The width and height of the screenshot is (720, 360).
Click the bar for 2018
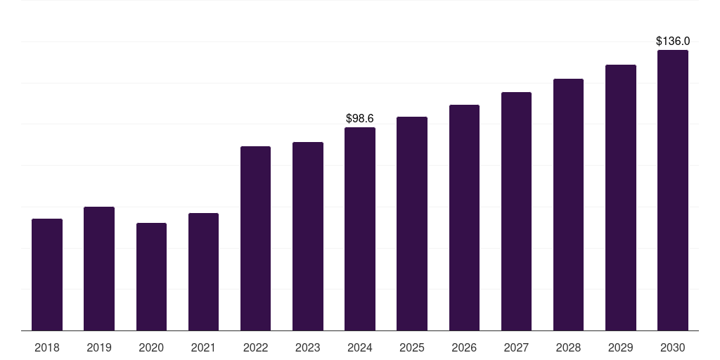click(x=47, y=275)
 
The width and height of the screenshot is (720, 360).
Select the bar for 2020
click(x=152, y=277)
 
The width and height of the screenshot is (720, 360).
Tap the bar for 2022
click(x=255, y=238)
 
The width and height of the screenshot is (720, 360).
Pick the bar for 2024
click(x=360, y=229)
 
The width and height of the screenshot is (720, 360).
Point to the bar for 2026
click(x=464, y=218)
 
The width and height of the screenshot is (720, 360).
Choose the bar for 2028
click(x=568, y=205)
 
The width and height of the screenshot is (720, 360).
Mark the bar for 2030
click(x=673, y=190)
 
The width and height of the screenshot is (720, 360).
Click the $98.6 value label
click(x=360, y=118)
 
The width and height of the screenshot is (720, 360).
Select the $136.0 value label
click(x=673, y=41)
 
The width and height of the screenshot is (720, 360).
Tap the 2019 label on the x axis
click(x=99, y=347)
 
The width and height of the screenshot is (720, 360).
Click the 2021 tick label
click(x=203, y=347)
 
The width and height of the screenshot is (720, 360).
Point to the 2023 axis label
click(x=308, y=347)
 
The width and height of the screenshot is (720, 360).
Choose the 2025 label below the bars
click(x=412, y=347)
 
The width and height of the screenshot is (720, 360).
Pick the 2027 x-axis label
click(x=516, y=347)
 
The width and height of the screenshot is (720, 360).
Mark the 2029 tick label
click(x=620, y=347)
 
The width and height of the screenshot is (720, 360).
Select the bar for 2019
click(x=99, y=269)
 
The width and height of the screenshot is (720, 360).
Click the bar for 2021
click(x=203, y=272)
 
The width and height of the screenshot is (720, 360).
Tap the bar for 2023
click(x=308, y=236)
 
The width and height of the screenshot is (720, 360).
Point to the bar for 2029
click(x=621, y=198)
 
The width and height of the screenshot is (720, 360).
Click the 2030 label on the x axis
click(x=673, y=347)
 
